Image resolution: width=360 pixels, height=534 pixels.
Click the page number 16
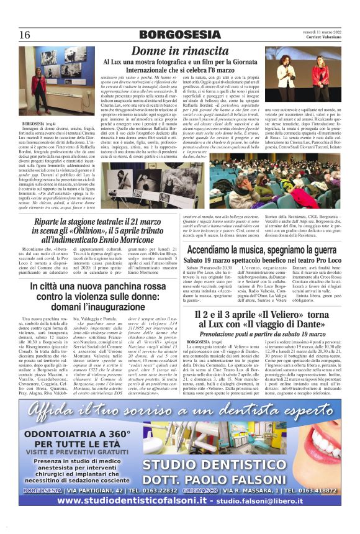pos(25,34)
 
